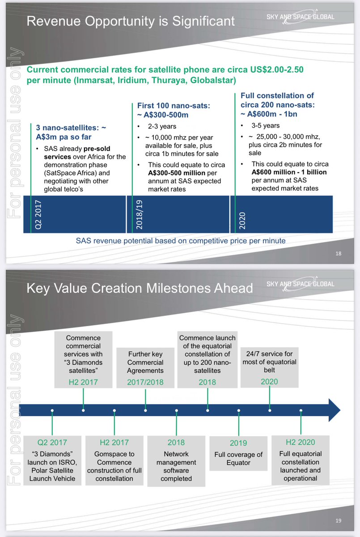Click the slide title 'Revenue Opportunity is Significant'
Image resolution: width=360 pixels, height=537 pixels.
131,21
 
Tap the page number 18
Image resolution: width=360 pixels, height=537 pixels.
338,254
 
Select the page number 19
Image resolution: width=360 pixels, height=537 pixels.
338,520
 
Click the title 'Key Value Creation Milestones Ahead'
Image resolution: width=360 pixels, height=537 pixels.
140,287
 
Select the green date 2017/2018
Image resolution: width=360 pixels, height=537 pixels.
145,382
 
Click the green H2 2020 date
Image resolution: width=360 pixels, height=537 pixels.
301,443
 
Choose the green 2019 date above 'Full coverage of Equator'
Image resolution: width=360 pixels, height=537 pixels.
238,443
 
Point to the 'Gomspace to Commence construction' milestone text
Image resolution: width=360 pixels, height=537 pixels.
114,466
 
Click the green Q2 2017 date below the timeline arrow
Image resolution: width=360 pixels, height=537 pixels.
53,443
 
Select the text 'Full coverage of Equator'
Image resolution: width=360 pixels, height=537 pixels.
238,458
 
